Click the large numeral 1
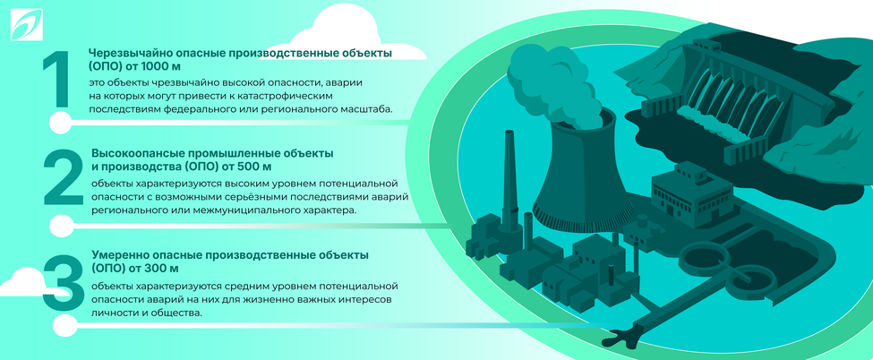tap(56, 82)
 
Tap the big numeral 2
tap(63, 178)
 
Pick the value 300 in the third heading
tap(157, 268)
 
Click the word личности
tap(114, 313)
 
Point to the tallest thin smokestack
tap(509, 179)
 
